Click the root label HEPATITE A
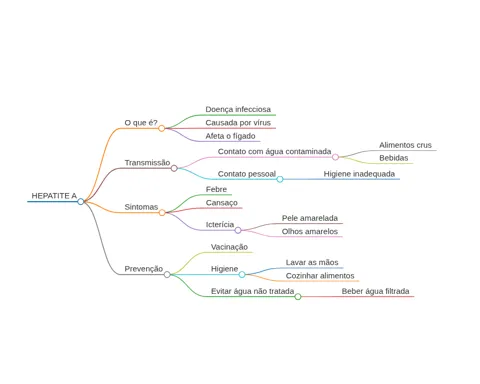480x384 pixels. click(54, 196)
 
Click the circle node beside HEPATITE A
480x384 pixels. click(81, 201)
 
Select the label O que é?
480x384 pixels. click(141, 123)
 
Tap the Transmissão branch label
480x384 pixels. click(147, 163)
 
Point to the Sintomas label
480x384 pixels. click(141, 207)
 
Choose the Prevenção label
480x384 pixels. click(144, 269)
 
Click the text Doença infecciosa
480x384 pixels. click(238, 109)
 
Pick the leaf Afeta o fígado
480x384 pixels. click(230, 136)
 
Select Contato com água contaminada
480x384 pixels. click(274, 151)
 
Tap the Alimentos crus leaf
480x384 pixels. click(405, 145)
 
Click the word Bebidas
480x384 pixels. click(394, 158)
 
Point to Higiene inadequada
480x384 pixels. click(359, 174)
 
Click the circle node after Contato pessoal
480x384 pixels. click(280, 179)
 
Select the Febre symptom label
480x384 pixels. click(216, 189)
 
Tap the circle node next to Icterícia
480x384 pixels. click(238, 230)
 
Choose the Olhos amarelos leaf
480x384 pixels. click(310, 231)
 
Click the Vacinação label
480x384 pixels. click(229, 247)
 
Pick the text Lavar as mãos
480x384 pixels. click(312, 262)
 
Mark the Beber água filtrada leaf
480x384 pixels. click(375, 291)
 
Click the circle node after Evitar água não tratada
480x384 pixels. click(298, 297)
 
